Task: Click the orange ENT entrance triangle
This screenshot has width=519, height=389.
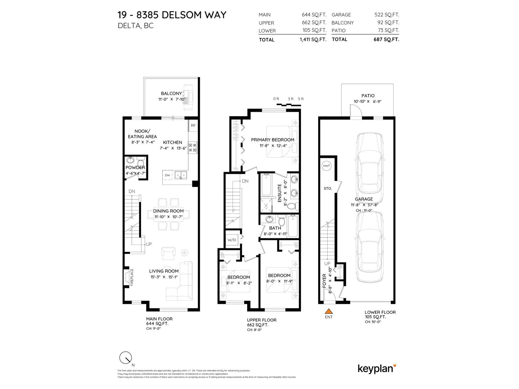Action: [329, 311]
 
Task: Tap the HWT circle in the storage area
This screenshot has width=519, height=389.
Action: [326, 166]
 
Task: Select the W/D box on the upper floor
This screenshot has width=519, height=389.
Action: [232, 240]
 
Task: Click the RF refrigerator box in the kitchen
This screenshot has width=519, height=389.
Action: [193, 125]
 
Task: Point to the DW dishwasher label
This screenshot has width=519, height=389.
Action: [167, 175]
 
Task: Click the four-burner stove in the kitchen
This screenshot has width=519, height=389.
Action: [192, 147]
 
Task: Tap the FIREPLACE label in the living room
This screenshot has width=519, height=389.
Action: [132, 277]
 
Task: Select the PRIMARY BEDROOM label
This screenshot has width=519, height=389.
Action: [272, 140]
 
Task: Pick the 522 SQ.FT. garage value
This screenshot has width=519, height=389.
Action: [387, 15]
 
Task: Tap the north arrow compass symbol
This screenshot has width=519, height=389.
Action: [126, 358]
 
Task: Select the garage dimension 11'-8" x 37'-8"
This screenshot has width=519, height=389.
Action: [364, 205]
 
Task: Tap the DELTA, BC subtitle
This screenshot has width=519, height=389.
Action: [136, 26]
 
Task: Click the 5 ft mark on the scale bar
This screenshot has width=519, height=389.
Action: [301, 99]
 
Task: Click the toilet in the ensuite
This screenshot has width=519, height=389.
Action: [292, 206]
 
